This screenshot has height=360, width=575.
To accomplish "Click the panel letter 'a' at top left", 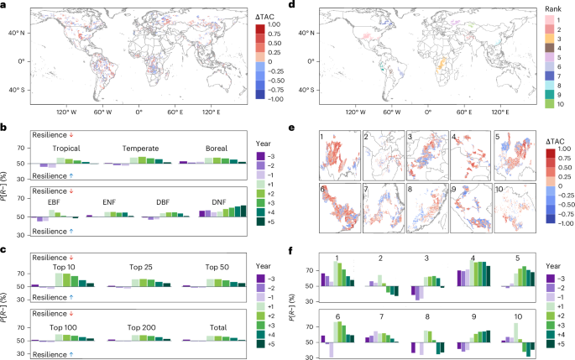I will click(5, 6).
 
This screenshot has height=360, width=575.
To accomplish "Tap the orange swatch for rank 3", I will click(541, 39).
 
